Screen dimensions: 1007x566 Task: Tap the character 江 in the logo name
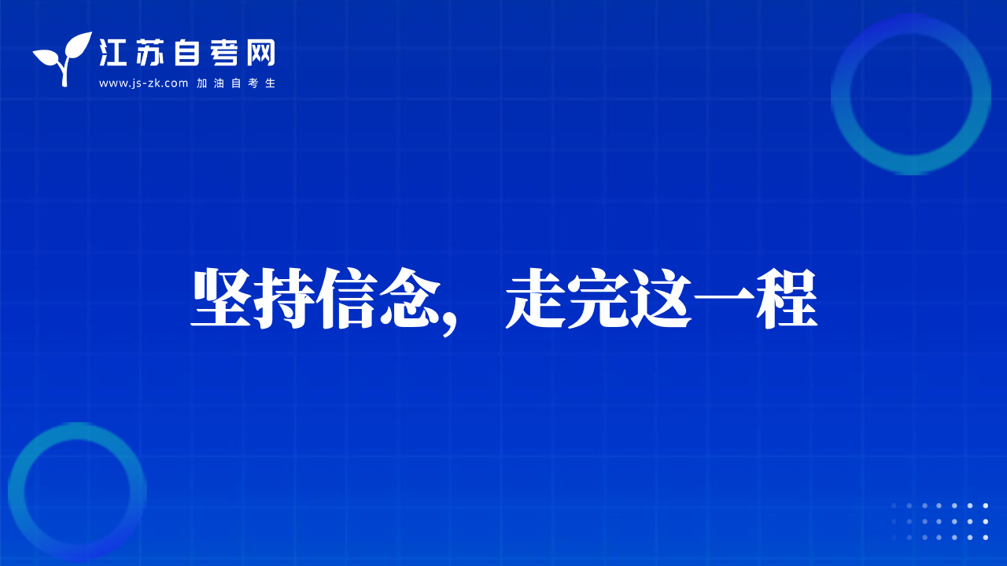tap(113, 53)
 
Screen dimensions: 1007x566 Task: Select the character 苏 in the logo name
tap(149, 53)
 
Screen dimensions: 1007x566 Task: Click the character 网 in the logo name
tap(260, 53)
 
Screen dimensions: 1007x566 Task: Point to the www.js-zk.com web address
tap(143, 83)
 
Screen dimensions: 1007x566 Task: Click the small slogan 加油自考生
tap(236, 83)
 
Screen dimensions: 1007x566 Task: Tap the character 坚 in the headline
tap(221, 298)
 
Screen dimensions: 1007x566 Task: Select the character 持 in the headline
tap(284, 298)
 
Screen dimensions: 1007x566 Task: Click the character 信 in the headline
tap(347, 298)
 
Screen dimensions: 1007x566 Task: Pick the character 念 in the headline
tap(410, 298)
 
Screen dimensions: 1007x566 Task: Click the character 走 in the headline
tap(536, 298)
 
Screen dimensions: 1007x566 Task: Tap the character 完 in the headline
tap(599, 298)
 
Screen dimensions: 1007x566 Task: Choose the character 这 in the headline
tap(662, 298)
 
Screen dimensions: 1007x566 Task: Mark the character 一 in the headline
tap(724, 298)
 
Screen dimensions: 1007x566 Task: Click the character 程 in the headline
tap(787, 298)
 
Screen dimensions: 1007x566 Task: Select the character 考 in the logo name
tap(223, 53)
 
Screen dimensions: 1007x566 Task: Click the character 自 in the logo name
tap(186, 53)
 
